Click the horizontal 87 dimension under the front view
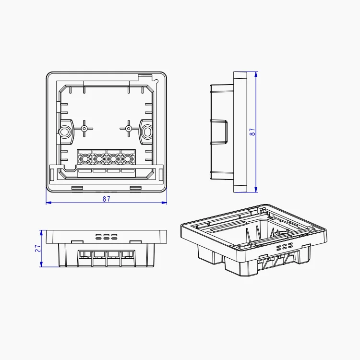tap(106, 199)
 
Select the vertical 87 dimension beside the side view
tap(252, 132)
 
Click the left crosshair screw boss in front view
tap(84, 128)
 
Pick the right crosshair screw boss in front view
tap(128, 128)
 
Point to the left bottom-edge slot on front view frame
tap(77, 187)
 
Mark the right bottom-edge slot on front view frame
tap(136, 187)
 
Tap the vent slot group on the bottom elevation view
tap(107, 237)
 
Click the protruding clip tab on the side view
tap(220, 131)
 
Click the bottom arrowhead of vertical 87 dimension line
tap(256, 191)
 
